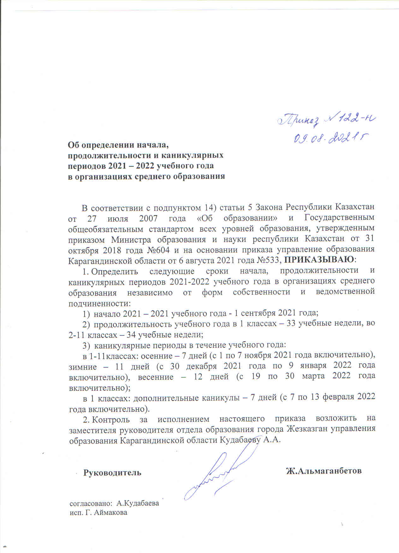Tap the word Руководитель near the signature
112,473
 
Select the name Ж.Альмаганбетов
324,471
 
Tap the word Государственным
340,218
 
